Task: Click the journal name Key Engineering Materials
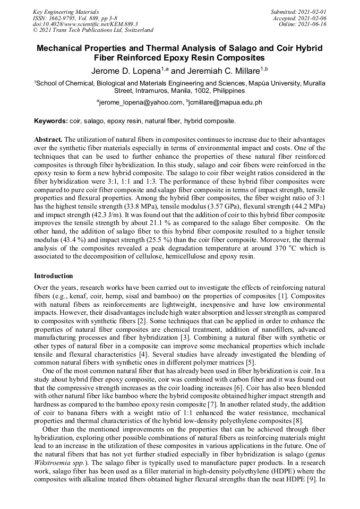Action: (x=66, y=11)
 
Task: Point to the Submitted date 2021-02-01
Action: (x=298, y=11)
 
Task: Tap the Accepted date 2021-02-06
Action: (x=300, y=18)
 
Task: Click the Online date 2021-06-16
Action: (x=303, y=24)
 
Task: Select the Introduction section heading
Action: (x=54, y=276)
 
